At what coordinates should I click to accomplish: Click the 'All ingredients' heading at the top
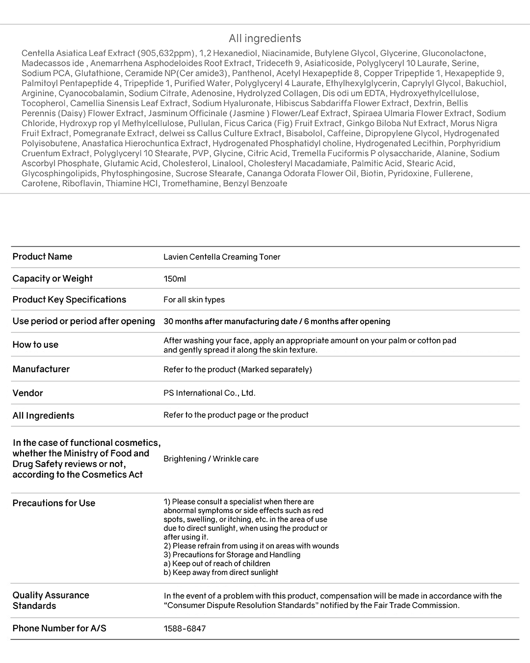tap(265, 38)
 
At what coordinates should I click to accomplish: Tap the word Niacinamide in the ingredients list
tap(286, 53)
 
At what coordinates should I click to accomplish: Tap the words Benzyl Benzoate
tap(255, 183)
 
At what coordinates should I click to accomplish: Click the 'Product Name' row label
tap(42, 256)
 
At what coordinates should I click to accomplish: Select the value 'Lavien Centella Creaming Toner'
tap(222, 257)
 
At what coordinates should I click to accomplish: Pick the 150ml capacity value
tap(175, 278)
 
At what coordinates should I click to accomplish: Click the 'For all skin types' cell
tap(194, 300)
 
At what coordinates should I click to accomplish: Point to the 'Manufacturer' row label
tap(41, 369)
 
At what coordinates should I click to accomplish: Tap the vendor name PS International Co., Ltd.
tap(210, 393)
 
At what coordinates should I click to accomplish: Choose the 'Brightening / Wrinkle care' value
tap(211, 459)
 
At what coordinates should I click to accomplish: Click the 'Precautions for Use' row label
tap(54, 503)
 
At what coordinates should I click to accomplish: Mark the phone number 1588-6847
tap(185, 628)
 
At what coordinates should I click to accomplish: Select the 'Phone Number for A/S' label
tap(59, 628)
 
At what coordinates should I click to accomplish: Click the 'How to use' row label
tap(35, 344)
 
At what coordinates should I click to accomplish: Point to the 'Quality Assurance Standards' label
tap(51, 600)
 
